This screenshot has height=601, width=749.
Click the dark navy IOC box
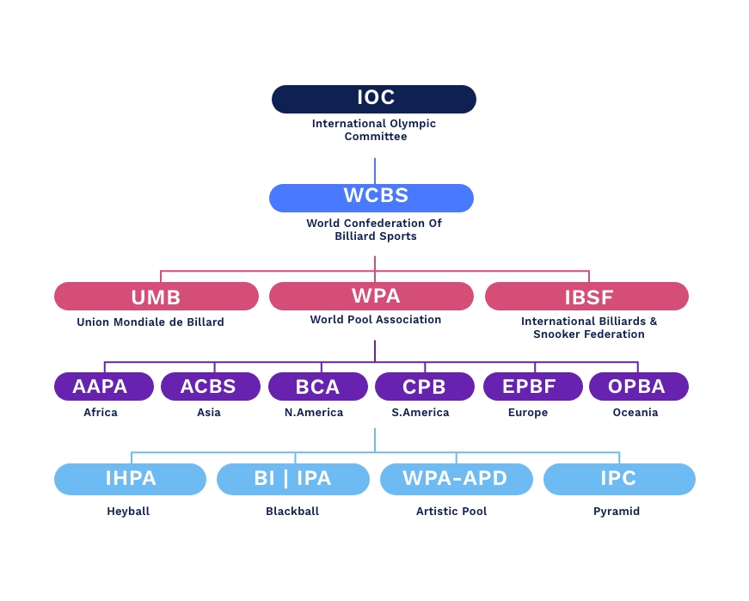click(x=374, y=99)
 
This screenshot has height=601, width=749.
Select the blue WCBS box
click(x=371, y=198)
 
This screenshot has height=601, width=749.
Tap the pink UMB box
click(x=157, y=297)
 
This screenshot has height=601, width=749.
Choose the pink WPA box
click(x=371, y=297)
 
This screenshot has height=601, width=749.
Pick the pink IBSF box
click(x=587, y=297)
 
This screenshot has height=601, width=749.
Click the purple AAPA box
click(x=104, y=387)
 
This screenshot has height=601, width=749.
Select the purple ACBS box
click(x=211, y=387)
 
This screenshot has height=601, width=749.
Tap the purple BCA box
click(x=318, y=387)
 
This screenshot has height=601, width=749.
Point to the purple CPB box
click(x=425, y=387)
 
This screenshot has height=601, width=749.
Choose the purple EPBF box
click(x=533, y=387)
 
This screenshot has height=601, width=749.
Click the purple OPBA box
click(x=639, y=387)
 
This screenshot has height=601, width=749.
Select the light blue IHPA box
click(x=131, y=479)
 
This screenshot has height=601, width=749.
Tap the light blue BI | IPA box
click(x=294, y=479)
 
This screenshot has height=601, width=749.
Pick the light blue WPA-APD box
click(x=457, y=479)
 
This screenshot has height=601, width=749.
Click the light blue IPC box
click(x=619, y=479)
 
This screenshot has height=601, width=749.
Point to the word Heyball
click(x=128, y=512)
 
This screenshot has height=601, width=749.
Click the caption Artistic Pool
click(x=451, y=512)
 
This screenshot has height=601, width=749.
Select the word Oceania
click(x=635, y=413)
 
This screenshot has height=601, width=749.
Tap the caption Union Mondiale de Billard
click(x=150, y=322)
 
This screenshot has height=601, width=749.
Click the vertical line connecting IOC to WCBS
click(x=375, y=170)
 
